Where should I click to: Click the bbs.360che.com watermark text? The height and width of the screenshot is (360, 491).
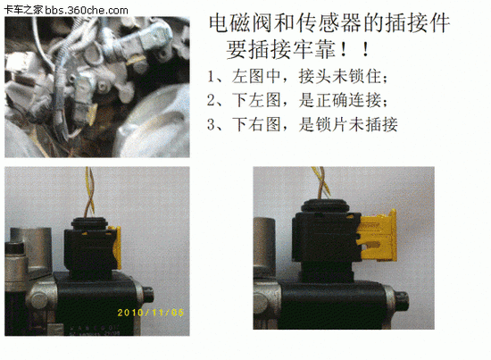(86, 11)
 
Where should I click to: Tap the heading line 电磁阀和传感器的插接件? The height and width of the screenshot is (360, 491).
(329, 23)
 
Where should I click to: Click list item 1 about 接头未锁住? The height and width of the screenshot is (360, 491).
(297, 77)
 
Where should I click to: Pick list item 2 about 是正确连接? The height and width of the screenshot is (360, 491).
(297, 101)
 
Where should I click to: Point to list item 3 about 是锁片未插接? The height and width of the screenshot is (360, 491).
(302, 124)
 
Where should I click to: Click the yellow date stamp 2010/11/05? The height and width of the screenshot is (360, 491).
(150, 313)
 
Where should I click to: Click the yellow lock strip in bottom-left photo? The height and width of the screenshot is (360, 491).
(116, 247)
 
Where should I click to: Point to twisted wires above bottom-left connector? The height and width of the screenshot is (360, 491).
(89, 192)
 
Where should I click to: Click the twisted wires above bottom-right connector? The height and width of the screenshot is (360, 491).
(321, 182)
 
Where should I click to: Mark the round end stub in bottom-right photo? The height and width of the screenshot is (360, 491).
(402, 300)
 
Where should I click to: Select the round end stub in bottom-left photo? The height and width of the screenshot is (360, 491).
(147, 295)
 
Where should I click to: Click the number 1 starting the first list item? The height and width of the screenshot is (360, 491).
(211, 77)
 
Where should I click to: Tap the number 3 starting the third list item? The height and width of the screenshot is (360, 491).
(211, 124)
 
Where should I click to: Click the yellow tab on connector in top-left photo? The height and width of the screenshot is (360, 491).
(94, 113)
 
